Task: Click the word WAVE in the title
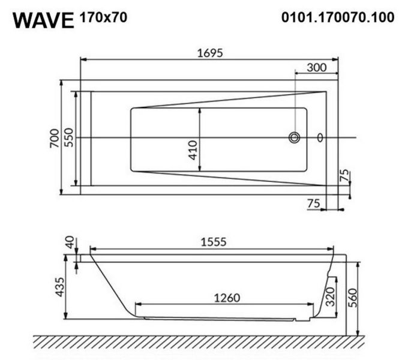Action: (x=43, y=19)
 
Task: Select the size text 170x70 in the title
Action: (x=103, y=17)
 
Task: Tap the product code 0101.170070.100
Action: (x=338, y=17)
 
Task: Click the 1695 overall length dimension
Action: (x=209, y=52)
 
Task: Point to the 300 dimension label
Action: (x=316, y=67)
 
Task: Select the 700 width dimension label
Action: (x=55, y=139)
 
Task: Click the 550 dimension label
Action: (x=69, y=139)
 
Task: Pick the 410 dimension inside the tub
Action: (x=193, y=149)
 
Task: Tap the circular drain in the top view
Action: (x=295, y=137)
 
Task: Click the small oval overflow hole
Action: (x=320, y=137)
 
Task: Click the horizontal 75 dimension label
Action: (x=313, y=203)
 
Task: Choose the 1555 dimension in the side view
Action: (x=212, y=242)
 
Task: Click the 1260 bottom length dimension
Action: (x=226, y=297)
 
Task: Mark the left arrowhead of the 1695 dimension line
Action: (x=83, y=59)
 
